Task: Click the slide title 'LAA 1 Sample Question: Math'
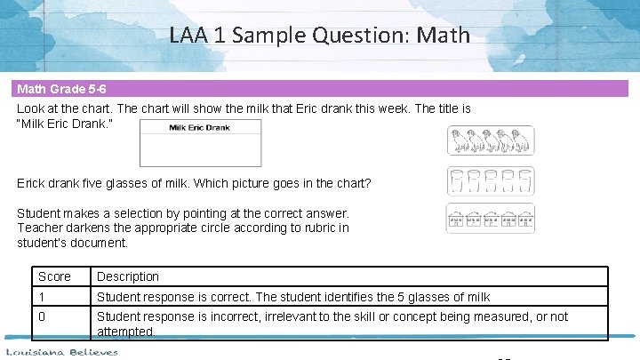point(319,36)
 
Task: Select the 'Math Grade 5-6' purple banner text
point(59,90)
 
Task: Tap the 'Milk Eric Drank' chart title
point(200,128)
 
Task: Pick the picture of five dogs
point(490,140)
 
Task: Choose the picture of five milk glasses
point(490,180)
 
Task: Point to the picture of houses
point(490,220)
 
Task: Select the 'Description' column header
point(128,276)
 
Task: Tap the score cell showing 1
point(42,296)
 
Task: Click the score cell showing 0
point(43,316)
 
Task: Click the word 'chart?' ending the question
point(352,183)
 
